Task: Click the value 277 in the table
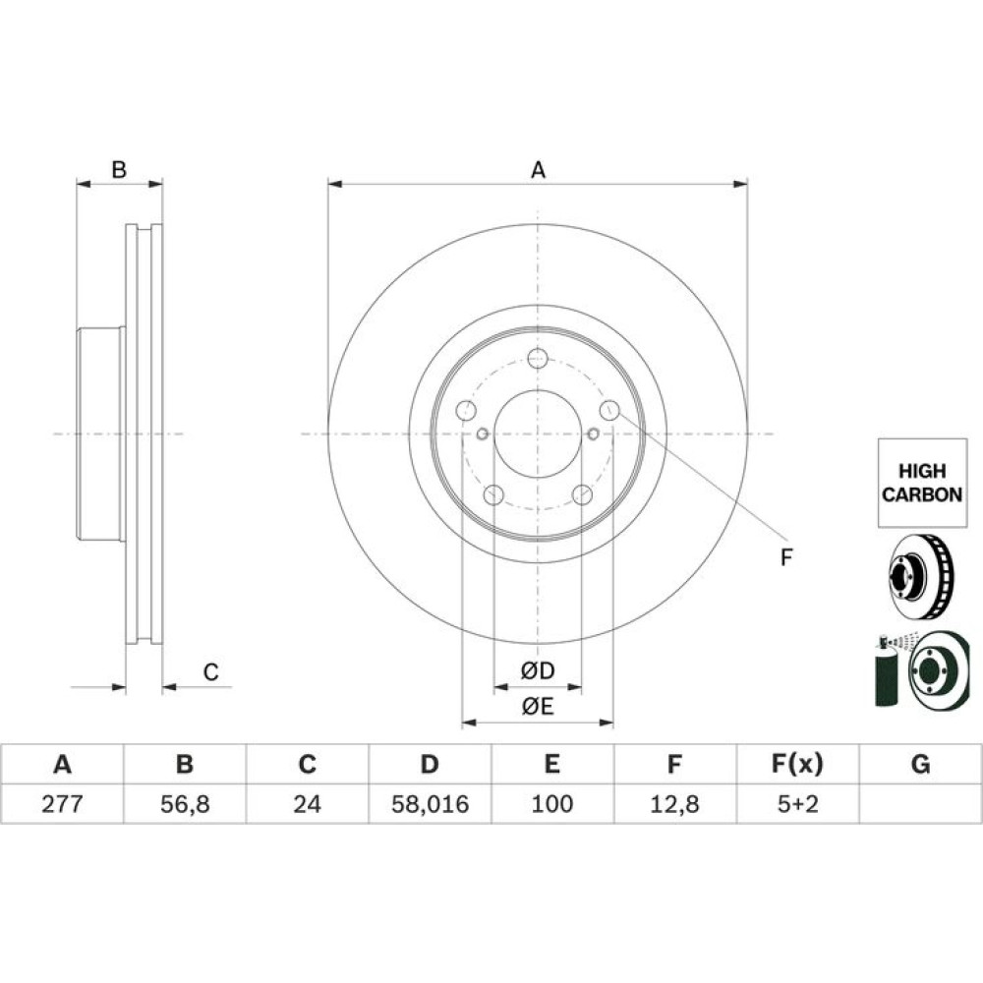[62, 804]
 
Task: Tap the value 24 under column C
[307, 804]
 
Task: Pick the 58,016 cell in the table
[430, 804]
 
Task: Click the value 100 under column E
[552, 804]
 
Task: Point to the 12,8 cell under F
[674, 804]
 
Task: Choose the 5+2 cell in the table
[797, 804]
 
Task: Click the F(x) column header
[797, 764]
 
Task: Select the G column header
[920, 764]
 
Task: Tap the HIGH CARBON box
[921, 482]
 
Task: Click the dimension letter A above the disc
[538, 170]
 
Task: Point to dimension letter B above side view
[119, 170]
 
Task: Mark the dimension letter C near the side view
[210, 672]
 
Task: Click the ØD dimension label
[538, 671]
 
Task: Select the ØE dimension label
[538, 705]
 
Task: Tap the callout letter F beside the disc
[785, 557]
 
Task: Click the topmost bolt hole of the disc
[537, 358]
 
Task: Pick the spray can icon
[886, 673]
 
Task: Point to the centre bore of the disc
[538, 434]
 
